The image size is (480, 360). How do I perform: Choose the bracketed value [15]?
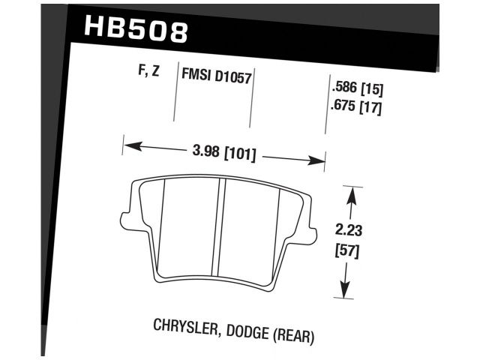(372, 90)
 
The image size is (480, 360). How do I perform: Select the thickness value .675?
(342, 106)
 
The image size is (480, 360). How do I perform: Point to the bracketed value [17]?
(372, 106)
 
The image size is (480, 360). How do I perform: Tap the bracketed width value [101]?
(238, 155)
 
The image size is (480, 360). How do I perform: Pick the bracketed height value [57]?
(346, 251)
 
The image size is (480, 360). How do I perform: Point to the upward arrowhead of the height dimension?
(348, 194)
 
